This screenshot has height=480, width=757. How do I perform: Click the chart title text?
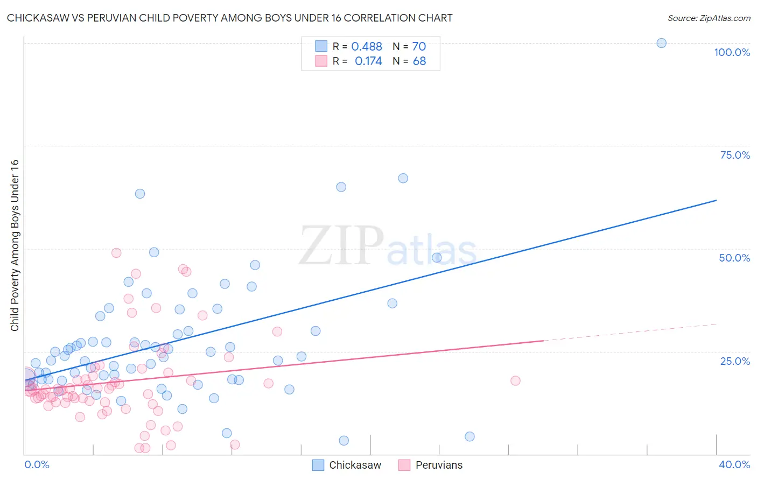pyautogui.click(x=229, y=18)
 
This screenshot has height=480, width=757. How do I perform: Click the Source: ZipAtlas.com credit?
pyautogui.click(x=709, y=18)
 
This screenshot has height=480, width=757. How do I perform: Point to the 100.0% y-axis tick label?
pyautogui.click(x=732, y=52)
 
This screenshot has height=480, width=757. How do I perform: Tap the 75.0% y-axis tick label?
pyautogui.click(x=735, y=155)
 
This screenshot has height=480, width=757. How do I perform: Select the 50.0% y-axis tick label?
pyautogui.click(x=734, y=258)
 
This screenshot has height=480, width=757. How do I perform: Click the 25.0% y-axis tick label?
pyautogui.click(x=735, y=361)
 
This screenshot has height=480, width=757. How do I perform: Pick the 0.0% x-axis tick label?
pyautogui.click(x=37, y=464)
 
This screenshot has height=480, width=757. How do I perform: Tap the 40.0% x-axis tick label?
pyautogui.click(x=734, y=464)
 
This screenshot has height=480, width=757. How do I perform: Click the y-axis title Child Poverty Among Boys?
pyautogui.click(x=15, y=245)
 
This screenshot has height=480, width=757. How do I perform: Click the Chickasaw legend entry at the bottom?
pyautogui.click(x=347, y=465)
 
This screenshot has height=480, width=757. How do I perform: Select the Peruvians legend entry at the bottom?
pyautogui.click(x=431, y=465)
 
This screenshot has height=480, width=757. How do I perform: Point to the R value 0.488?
pyautogui.click(x=367, y=47)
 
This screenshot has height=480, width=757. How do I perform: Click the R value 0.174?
pyautogui.click(x=368, y=61)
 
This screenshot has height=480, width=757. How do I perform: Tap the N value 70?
pyautogui.click(x=419, y=47)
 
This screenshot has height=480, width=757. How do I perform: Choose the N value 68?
pyautogui.click(x=419, y=61)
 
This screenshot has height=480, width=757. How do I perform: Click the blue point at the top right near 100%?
pyautogui.click(x=661, y=43)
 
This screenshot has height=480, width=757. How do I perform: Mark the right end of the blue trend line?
pyautogui.click(x=716, y=200)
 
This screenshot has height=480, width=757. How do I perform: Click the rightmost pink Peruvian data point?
pyautogui.click(x=515, y=380)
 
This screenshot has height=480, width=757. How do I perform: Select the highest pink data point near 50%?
pyautogui.click(x=116, y=252)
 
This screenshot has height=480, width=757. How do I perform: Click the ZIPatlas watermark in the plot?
pyautogui.click(x=388, y=246)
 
